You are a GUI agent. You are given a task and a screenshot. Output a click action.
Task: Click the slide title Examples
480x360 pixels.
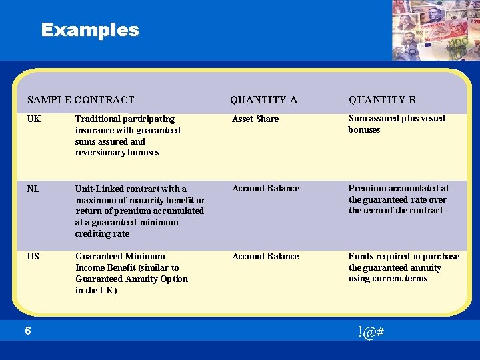[90, 30]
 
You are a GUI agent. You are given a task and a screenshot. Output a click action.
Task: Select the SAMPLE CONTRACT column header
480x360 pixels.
[81, 100]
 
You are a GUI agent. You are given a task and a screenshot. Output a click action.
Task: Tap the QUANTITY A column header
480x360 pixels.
[263, 100]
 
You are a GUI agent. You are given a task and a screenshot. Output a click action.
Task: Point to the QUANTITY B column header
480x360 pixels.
[382, 100]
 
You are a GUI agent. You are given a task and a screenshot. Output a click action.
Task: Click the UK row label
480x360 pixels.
[34, 119]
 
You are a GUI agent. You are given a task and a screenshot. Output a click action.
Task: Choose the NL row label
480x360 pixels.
[33, 189]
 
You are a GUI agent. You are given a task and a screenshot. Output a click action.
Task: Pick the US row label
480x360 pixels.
[33, 256]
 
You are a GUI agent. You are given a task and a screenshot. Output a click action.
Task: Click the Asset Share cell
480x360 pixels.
[255, 119]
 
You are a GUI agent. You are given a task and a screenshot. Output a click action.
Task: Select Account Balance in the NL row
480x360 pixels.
[265, 188]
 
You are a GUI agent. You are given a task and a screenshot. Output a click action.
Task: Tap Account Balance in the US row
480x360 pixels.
[265, 256]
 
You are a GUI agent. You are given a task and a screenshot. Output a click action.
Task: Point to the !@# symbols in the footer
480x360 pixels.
[370, 332]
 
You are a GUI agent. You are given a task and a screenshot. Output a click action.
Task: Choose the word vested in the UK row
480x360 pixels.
[433, 118]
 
